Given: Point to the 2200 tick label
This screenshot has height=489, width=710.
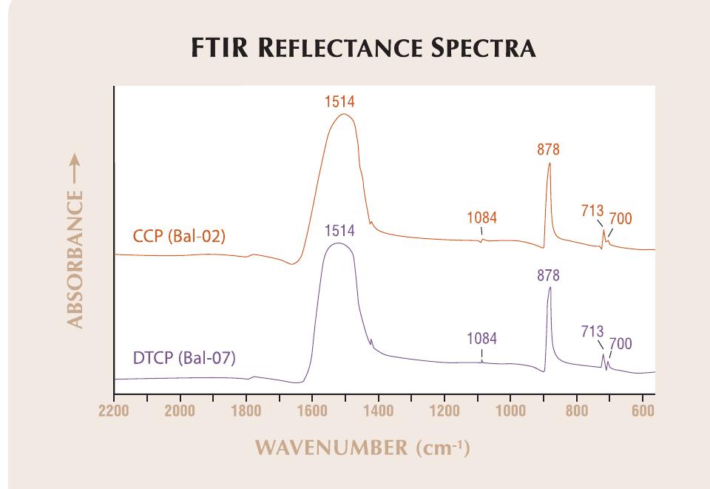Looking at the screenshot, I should point(114,411).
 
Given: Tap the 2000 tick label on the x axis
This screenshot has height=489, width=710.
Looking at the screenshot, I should point(180,411).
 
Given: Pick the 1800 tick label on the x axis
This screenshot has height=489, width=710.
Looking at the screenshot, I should point(246,411).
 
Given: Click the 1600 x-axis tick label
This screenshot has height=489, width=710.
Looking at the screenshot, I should point(312,411).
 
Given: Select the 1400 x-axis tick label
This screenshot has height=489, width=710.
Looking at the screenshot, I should point(378,411).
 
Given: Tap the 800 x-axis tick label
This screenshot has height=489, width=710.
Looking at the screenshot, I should point(576,411).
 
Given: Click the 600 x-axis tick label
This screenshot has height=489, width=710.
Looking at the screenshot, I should point(643,411).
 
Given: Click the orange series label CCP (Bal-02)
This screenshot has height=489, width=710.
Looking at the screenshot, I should point(179,237).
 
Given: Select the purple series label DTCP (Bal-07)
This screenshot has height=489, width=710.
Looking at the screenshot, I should point(183,360).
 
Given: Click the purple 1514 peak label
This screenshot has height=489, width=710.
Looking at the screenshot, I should point(339,231).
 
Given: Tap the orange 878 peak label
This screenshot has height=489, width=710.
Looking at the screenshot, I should point(548,149).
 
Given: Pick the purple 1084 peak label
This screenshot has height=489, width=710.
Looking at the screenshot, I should point(481,339).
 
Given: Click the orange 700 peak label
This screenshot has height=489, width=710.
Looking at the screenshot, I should point(620,219).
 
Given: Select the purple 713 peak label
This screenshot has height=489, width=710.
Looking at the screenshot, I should point(592,331).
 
